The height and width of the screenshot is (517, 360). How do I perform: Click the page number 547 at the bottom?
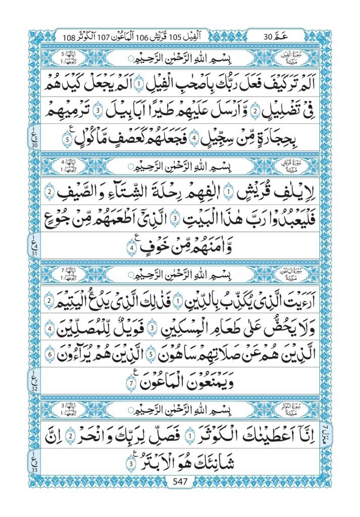pos(180,481)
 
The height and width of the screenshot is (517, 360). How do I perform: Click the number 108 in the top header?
pos(70,37)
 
